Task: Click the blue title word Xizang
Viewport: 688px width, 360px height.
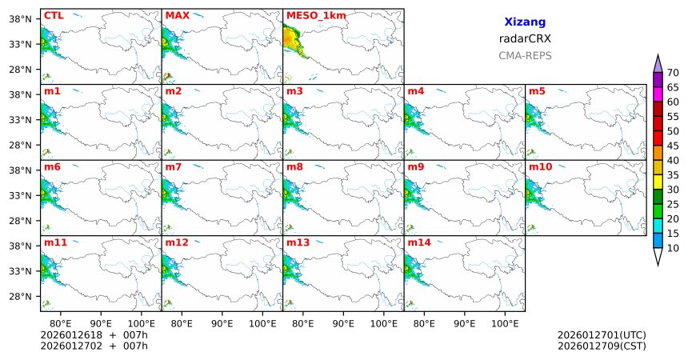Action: pyautogui.click(x=525, y=22)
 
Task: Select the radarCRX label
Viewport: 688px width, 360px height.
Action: pyautogui.click(x=525, y=38)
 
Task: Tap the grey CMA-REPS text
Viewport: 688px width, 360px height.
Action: pyautogui.click(x=525, y=56)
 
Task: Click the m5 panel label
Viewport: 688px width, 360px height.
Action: pyautogui.click(x=537, y=91)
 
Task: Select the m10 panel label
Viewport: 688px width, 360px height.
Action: pyautogui.click(x=540, y=166)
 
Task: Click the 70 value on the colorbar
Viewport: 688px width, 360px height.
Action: pyautogui.click(x=674, y=72)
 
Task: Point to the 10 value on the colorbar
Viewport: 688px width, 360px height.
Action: pyautogui.click(x=674, y=249)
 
